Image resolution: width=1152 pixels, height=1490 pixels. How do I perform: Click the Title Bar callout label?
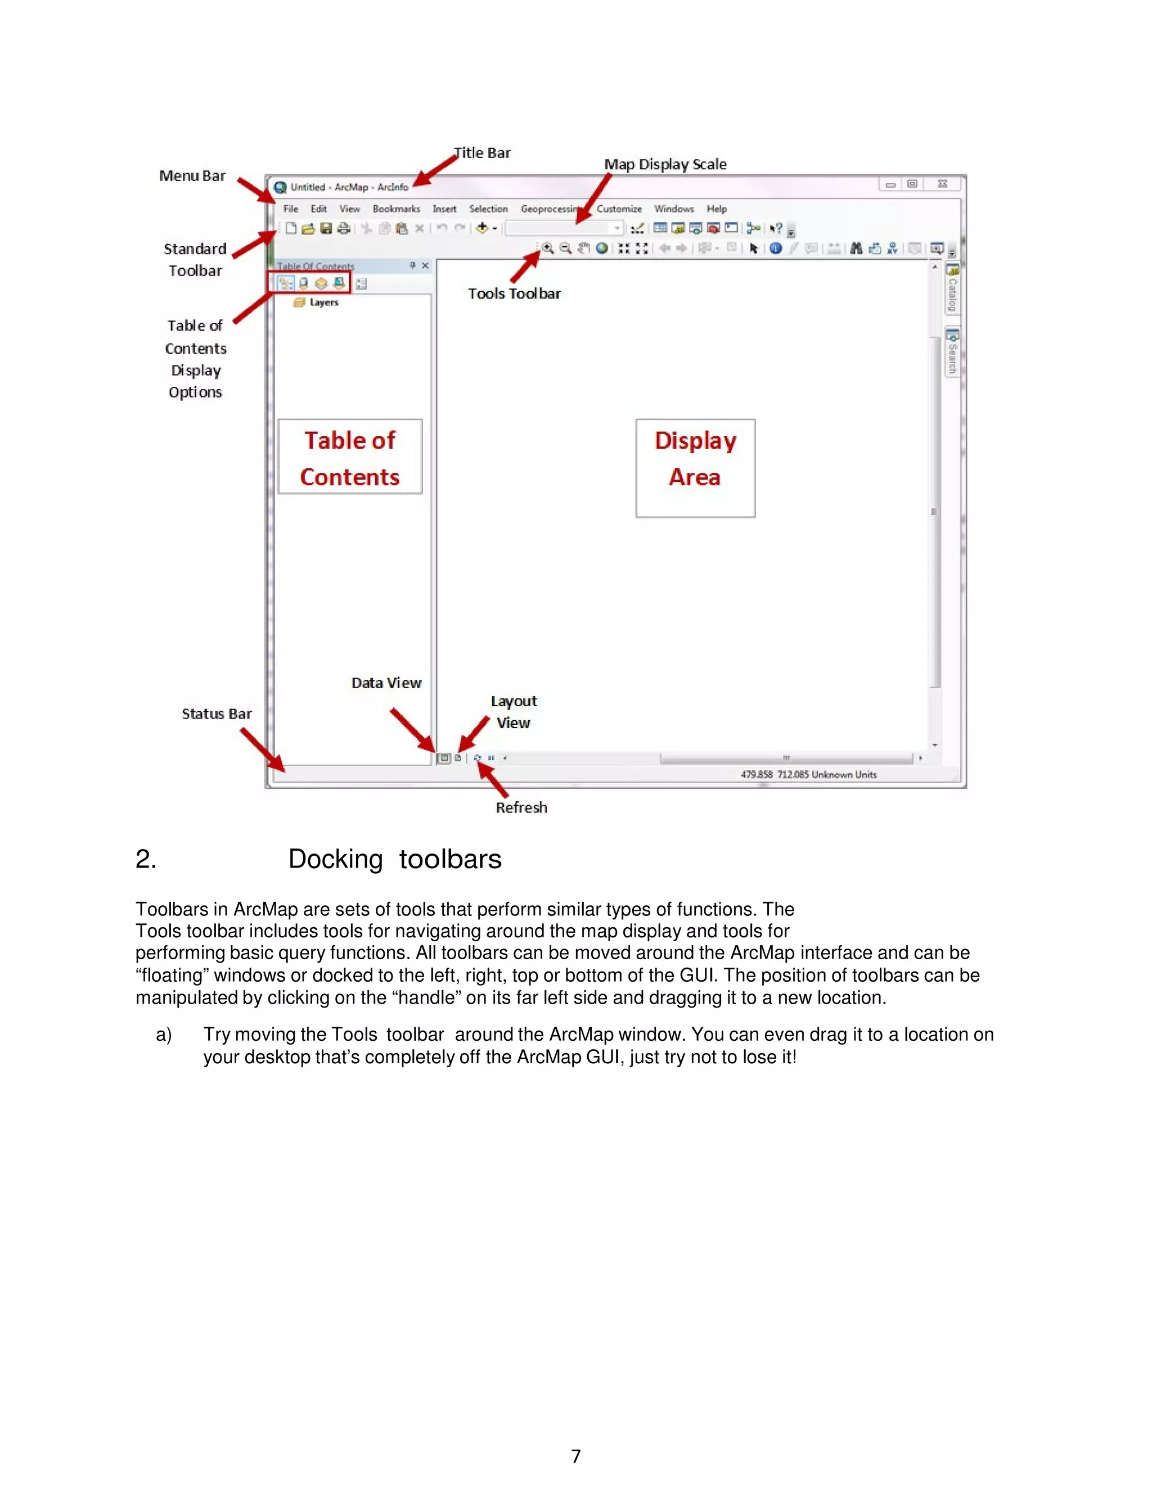(x=483, y=153)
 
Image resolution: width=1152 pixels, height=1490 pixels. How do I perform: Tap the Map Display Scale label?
(x=665, y=164)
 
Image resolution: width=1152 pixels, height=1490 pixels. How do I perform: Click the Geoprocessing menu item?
(x=550, y=209)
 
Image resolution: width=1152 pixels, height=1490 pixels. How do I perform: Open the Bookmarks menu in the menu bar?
(x=396, y=209)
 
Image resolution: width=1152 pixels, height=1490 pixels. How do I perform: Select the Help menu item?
(x=717, y=209)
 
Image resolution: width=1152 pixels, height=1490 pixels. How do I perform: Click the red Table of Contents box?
(x=350, y=457)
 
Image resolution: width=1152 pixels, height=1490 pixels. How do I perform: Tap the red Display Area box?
(x=695, y=468)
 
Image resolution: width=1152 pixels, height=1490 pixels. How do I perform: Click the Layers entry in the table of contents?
(x=323, y=302)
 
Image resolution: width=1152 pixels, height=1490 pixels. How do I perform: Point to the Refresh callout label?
(x=521, y=808)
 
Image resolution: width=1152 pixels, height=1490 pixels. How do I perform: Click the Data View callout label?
(x=386, y=683)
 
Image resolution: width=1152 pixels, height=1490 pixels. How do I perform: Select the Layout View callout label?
(x=514, y=712)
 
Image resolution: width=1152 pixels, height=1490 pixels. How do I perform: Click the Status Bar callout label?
(x=217, y=714)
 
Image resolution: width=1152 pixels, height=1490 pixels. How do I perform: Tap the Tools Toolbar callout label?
(x=514, y=294)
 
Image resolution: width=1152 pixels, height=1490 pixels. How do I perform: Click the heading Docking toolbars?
(x=394, y=859)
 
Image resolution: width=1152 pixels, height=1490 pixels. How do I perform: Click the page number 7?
(x=576, y=1457)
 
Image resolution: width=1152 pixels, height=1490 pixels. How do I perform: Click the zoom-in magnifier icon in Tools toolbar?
(x=547, y=249)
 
